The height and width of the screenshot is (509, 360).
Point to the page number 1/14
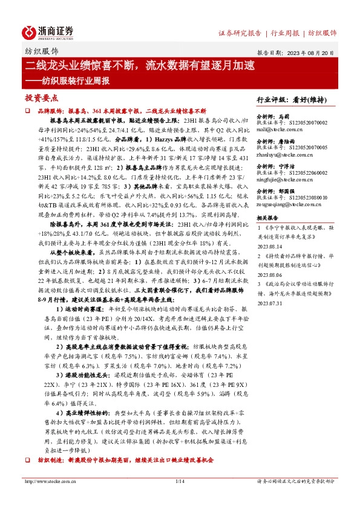pos(180,498)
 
